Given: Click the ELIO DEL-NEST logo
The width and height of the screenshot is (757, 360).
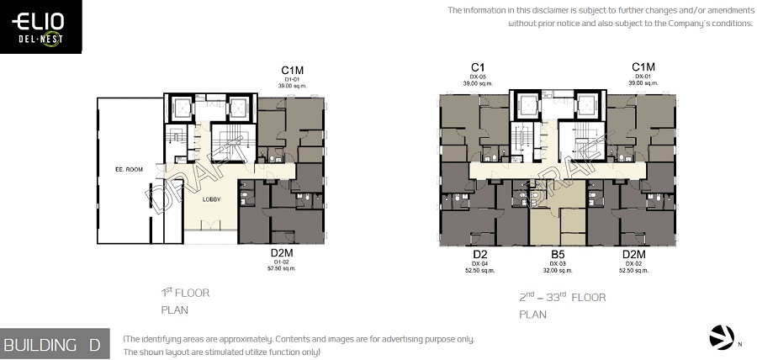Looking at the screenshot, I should pyautogui.click(x=40, y=28).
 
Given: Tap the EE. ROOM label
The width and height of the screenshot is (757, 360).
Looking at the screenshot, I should pyautogui.click(x=130, y=169).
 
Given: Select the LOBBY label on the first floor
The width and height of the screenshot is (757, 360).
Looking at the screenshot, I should pyautogui.click(x=211, y=199).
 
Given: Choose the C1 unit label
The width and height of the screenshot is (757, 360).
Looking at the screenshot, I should pyautogui.click(x=478, y=66).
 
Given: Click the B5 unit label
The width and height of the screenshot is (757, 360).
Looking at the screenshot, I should pyautogui.click(x=558, y=254).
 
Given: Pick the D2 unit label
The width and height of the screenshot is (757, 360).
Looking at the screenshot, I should pyautogui.click(x=480, y=254).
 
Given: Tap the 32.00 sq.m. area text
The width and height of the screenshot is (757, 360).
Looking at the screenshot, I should pyautogui.click(x=558, y=271).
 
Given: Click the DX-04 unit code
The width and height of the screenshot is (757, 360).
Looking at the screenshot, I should pyautogui.click(x=480, y=263).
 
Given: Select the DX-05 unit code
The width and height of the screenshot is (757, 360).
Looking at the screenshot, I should pyautogui.click(x=478, y=77).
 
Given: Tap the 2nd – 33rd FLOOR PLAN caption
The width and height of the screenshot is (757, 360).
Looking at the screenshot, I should pyautogui.click(x=562, y=305).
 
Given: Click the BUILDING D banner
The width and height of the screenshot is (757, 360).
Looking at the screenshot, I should pyautogui.click(x=52, y=344).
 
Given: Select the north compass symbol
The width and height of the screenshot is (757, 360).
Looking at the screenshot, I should pyautogui.click(x=722, y=336).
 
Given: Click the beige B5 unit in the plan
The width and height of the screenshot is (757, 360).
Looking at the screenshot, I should pyautogui.click(x=558, y=223).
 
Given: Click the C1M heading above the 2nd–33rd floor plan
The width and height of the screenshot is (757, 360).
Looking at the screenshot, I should pyautogui.click(x=643, y=66).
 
